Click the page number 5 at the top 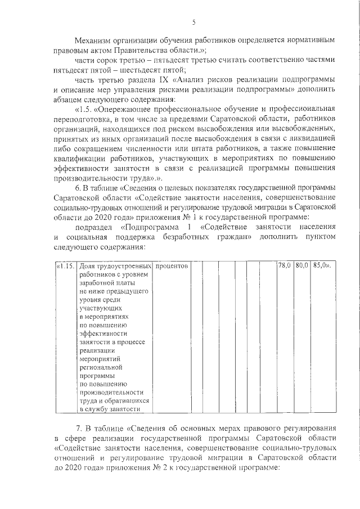(x=193, y=22)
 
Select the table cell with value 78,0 (x=284, y=265)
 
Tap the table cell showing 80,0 (x=301, y=265)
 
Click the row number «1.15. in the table (x=66, y=265)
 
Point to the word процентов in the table (x=172, y=265)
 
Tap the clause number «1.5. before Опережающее (x=85, y=108)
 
